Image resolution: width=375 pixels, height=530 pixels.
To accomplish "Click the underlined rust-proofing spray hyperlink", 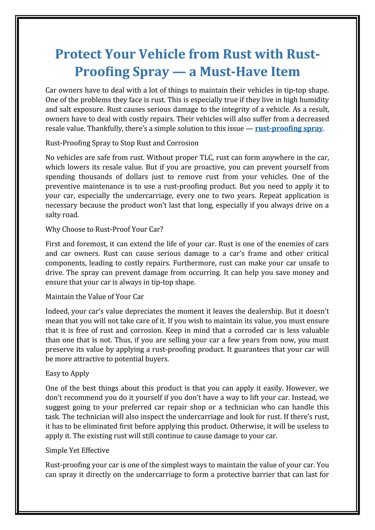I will [x=289, y=129].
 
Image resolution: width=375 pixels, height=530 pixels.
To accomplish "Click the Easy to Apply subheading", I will [x=67, y=373].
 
